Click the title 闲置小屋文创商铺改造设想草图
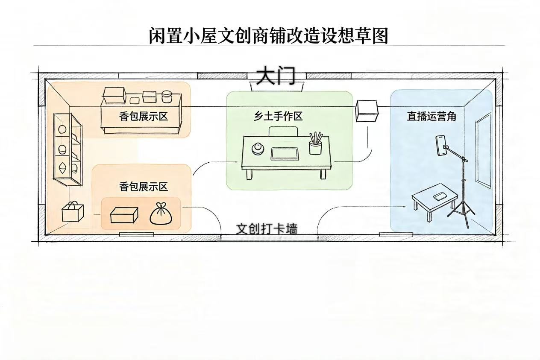tap(268, 36)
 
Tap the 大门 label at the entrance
tap(276, 76)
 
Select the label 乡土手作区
tap(278, 117)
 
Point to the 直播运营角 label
tap(431, 116)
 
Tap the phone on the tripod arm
tap(441, 146)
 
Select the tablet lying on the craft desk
tap(285, 154)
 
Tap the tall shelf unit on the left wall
tap(68, 149)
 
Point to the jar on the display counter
tap(166, 97)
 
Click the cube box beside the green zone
tap(367, 111)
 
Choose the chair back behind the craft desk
tap(283, 132)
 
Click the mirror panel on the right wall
tap(483, 150)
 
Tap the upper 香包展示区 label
tap(144, 117)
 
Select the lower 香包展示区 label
tap(144, 187)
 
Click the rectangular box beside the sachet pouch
tap(124, 215)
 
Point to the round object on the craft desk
tap(258, 149)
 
